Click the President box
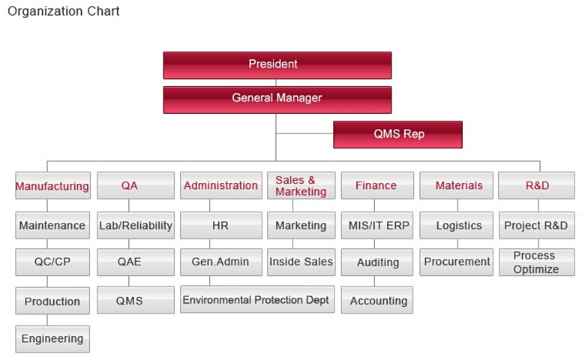pos(277,65)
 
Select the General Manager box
pos(277,100)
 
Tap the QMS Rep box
pos(398,134)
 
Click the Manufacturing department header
pos(52,185)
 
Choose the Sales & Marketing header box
pos(301,185)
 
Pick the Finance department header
pos(377,185)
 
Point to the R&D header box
pos(537,185)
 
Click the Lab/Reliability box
pos(136,225)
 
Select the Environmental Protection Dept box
pos(257,299)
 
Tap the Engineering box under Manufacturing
pos(52,339)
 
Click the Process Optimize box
pos(537,262)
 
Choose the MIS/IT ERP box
pos(377,225)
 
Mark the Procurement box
pos(457,262)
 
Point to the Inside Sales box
pos(301,262)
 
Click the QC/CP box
pos(52,262)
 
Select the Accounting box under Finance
pos(377,300)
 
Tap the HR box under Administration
pos(220,225)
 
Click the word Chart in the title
pos(103,11)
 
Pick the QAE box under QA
pos(136,262)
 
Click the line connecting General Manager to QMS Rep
pos(304,133)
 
